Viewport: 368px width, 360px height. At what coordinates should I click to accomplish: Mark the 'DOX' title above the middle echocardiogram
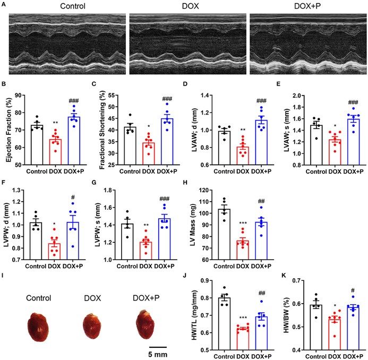[188, 6]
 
